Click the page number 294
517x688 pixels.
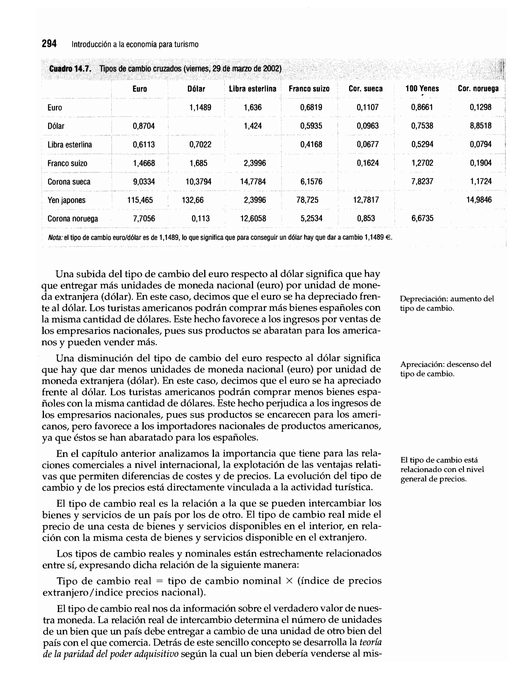click(x=49, y=44)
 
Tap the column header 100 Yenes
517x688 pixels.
click(x=422, y=89)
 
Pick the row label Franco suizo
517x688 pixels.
click(x=67, y=163)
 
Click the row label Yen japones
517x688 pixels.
click(x=66, y=200)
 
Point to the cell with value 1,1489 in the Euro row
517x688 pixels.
click(x=200, y=108)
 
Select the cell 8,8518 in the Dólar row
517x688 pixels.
click(x=480, y=126)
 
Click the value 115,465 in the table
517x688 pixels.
click(x=140, y=200)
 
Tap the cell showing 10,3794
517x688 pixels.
click(x=198, y=182)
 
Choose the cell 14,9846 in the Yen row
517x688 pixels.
click(x=479, y=200)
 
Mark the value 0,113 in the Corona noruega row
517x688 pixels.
click(x=200, y=218)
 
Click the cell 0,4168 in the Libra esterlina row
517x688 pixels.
click(x=311, y=144)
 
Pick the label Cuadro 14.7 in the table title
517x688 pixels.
click(x=70, y=68)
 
